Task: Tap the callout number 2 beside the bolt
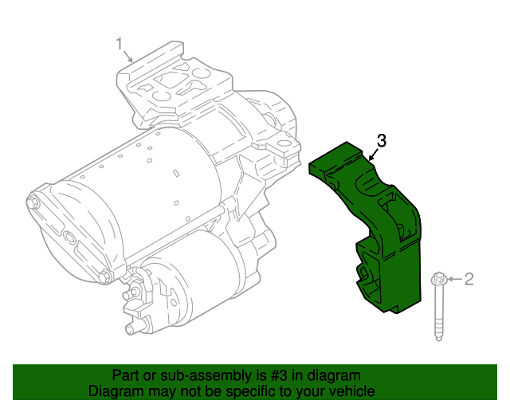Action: pos(469,279)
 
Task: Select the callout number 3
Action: pos(382,141)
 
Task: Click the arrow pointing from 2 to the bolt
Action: pos(453,279)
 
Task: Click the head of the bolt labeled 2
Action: pos(438,280)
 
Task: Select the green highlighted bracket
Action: pos(382,239)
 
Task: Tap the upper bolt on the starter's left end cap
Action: pos(33,202)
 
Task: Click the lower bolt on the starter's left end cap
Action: pos(104,277)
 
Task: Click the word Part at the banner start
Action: pos(126,375)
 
